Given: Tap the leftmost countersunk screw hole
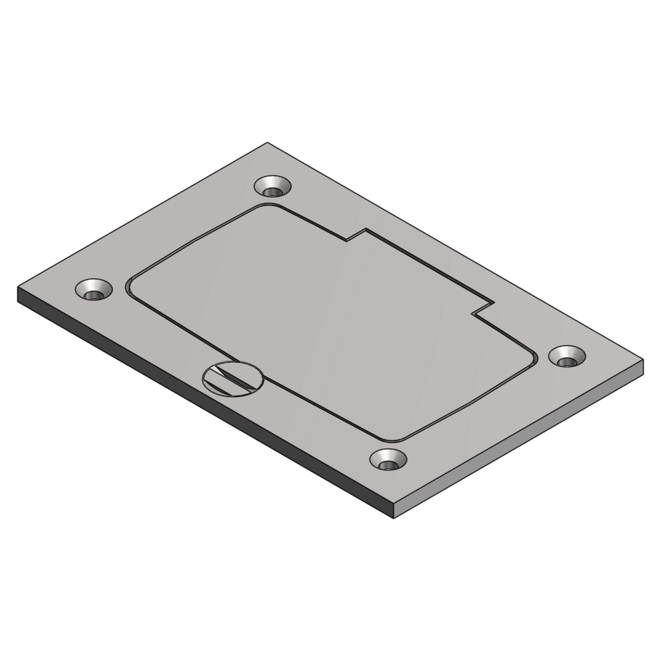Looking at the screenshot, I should click(93, 290).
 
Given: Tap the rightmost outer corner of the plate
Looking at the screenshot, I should click(642, 361).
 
